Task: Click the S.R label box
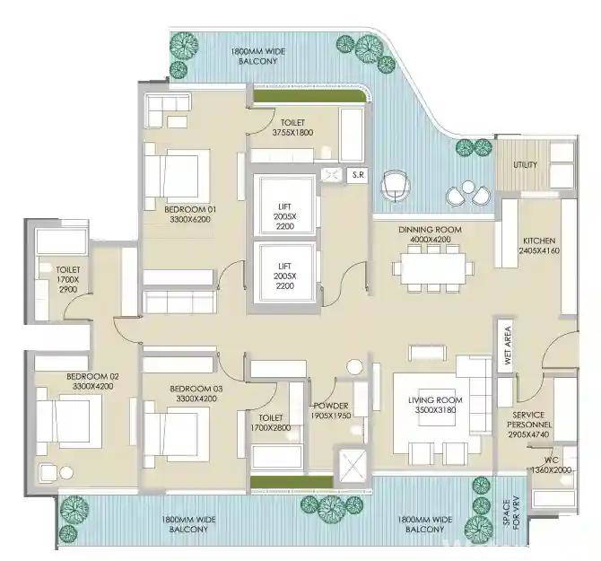(x=358, y=175)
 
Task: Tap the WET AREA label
(x=508, y=345)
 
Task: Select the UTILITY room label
(x=525, y=165)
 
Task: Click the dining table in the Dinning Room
(x=433, y=268)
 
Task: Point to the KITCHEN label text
(x=539, y=241)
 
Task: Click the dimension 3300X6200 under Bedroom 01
(x=190, y=219)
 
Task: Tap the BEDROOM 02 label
(x=92, y=377)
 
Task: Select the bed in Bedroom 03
(x=177, y=434)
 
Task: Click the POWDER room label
(x=331, y=406)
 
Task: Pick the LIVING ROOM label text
(x=435, y=400)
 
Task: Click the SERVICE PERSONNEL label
(x=529, y=419)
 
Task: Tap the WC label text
(x=551, y=460)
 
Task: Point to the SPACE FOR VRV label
(x=511, y=513)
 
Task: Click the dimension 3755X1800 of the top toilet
(x=292, y=133)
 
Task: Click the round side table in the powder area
(x=354, y=367)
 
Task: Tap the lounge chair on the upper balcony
(x=395, y=185)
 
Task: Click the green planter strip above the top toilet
(x=309, y=96)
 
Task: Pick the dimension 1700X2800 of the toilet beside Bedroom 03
(x=271, y=428)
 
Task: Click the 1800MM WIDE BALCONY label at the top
(x=258, y=56)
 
